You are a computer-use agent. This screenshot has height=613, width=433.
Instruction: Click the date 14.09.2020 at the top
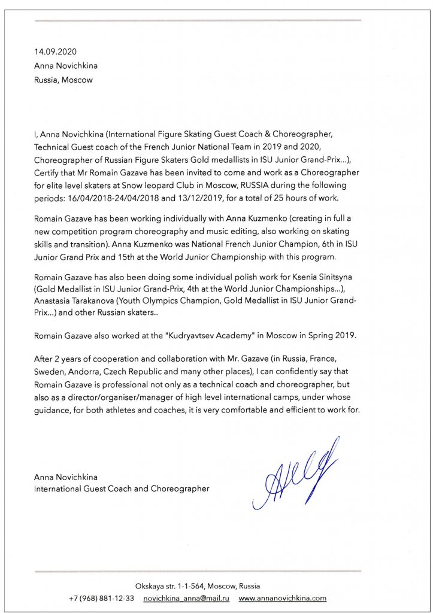(56, 52)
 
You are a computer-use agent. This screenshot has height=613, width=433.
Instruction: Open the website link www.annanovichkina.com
(282, 598)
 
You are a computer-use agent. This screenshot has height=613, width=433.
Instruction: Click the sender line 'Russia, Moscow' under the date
(63, 80)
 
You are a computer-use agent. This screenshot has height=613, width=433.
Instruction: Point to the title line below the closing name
(122, 488)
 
